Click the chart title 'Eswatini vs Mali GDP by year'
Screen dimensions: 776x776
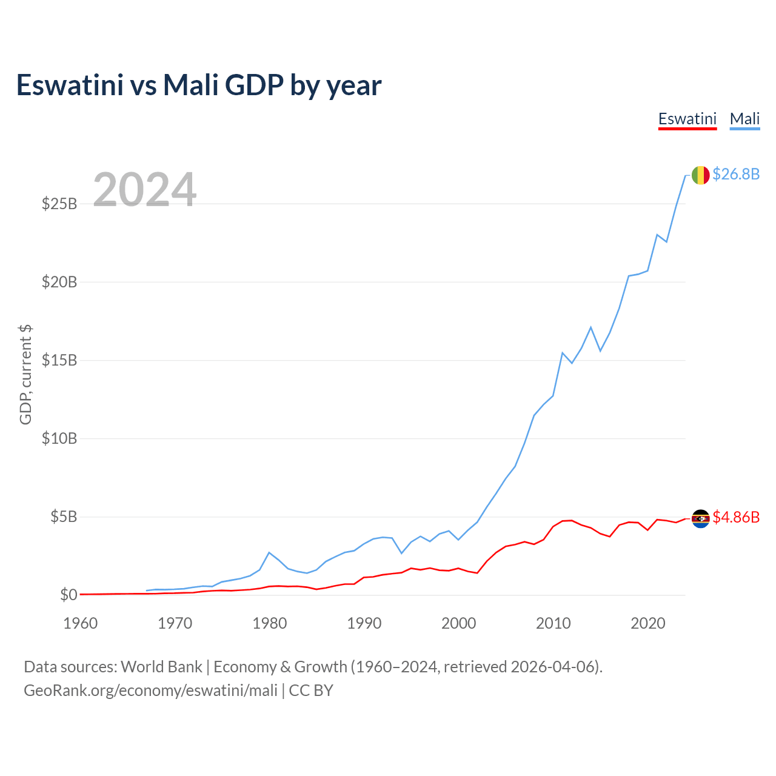pyautogui.click(x=199, y=85)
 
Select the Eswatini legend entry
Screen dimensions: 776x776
pyautogui.click(x=687, y=119)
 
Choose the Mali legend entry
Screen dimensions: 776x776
pyautogui.click(x=744, y=119)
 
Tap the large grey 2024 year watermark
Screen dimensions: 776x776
pyautogui.click(x=144, y=190)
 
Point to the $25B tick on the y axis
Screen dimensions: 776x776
pyautogui.click(x=59, y=204)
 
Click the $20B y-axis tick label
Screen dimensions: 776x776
pyautogui.click(x=59, y=282)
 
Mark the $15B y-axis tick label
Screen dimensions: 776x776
pyautogui.click(x=59, y=360)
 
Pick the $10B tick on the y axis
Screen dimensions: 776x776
pyautogui.click(x=59, y=438)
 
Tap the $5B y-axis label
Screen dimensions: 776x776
pyautogui.click(x=64, y=517)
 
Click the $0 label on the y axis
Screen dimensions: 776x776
pyautogui.click(x=69, y=595)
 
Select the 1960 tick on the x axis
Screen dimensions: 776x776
pyautogui.click(x=81, y=623)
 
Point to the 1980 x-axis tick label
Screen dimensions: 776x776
pyautogui.click(x=270, y=623)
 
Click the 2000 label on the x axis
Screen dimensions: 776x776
pyautogui.click(x=459, y=623)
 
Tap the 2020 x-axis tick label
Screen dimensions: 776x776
pyautogui.click(x=648, y=623)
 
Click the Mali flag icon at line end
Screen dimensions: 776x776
pyautogui.click(x=700, y=175)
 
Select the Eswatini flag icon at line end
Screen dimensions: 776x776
pyautogui.click(x=700, y=518)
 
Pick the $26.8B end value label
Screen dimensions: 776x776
pyautogui.click(x=736, y=175)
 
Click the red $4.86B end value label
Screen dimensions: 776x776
pyautogui.click(x=736, y=517)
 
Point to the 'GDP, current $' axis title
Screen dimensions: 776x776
pyautogui.click(x=25, y=374)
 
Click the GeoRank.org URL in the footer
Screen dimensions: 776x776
pyautogui.click(x=150, y=691)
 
